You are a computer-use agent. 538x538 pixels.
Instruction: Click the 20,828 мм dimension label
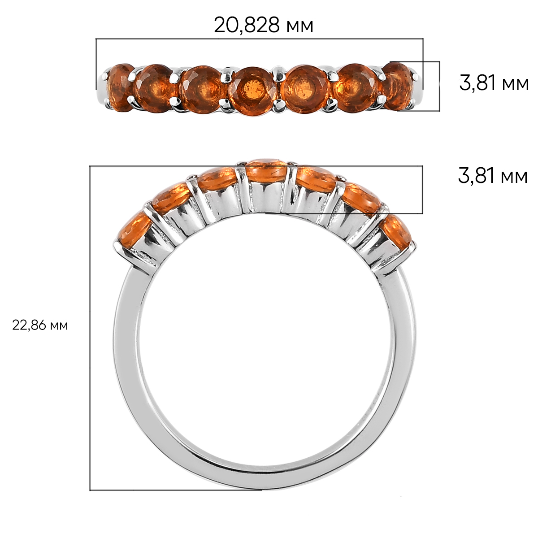click(264, 26)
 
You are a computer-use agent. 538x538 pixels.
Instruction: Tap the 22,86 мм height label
click(40, 325)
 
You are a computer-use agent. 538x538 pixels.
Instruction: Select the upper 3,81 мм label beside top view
click(494, 83)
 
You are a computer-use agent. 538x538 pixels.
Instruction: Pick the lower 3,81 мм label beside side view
click(493, 176)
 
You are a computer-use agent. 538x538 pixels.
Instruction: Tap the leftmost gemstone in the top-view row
click(119, 87)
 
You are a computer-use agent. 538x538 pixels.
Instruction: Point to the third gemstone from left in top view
click(202, 90)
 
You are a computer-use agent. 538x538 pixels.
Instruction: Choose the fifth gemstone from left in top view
click(304, 89)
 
